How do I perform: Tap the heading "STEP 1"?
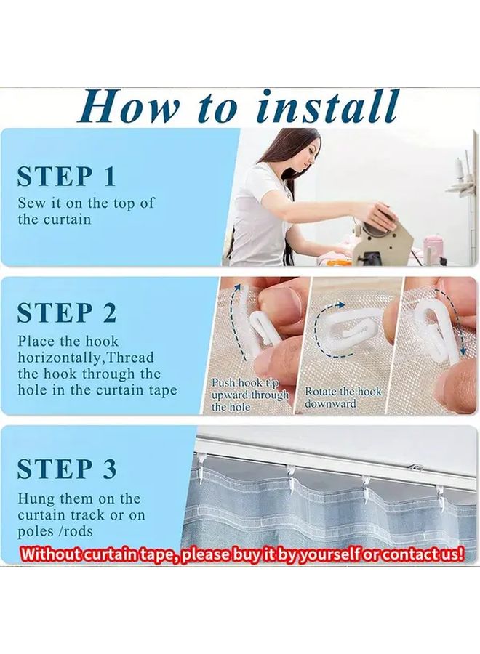[66, 177]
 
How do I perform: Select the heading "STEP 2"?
[67, 312]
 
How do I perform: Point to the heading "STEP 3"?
[67, 469]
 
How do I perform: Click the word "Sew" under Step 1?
[32, 203]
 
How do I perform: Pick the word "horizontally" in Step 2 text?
[59, 358]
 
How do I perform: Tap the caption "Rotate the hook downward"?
[343, 397]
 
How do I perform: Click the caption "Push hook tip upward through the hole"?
[249, 395]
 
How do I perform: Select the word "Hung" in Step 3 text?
[35, 498]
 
